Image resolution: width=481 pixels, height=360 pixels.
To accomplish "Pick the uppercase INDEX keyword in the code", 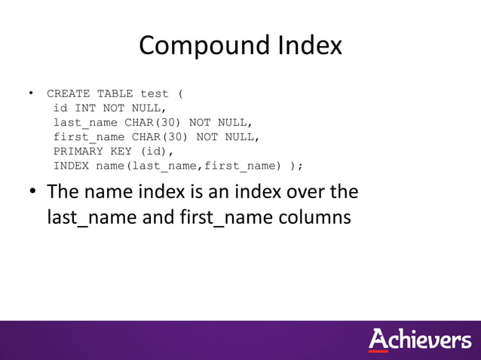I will click(x=71, y=166).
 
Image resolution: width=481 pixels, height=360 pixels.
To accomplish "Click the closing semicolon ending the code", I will click(x=301, y=166).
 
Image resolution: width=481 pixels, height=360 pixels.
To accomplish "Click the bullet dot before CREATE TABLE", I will click(x=31, y=93).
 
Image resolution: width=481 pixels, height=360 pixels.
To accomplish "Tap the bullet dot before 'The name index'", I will click(x=33, y=192).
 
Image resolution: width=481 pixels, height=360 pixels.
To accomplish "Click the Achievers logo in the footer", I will click(x=419, y=340).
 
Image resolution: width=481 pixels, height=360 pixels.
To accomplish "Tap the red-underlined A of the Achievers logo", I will click(x=379, y=340).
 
